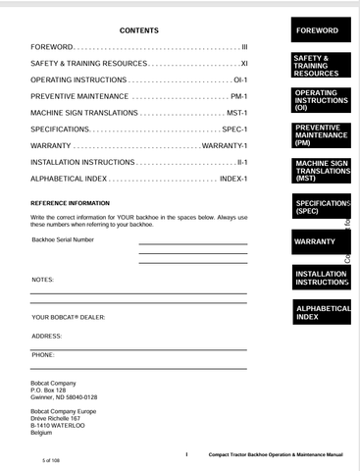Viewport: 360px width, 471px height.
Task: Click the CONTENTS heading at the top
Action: tap(138, 31)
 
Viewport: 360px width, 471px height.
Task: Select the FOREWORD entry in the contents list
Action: tap(52, 46)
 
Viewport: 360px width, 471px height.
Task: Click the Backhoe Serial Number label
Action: tap(64, 239)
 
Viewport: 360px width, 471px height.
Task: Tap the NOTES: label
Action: tap(43, 280)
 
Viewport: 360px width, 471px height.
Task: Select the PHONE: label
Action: tap(43, 353)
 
